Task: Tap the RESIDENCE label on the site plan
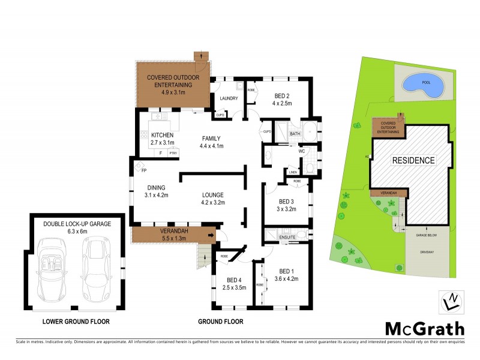click(x=413, y=160)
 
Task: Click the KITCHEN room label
click(x=162, y=135)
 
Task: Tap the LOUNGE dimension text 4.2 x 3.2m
click(x=212, y=203)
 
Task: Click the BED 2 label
click(x=283, y=96)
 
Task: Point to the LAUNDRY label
click(x=229, y=98)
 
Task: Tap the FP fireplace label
click(x=144, y=170)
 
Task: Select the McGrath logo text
click(x=424, y=328)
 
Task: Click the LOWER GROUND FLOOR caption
click(x=76, y=322)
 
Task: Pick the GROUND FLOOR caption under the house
click(x=221, y=322)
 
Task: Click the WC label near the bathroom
click(x=302, y=151)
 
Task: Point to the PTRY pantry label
click(x=173, y=154)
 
